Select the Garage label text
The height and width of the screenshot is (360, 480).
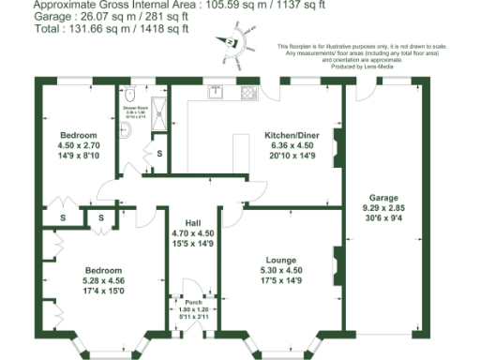pos(383,198)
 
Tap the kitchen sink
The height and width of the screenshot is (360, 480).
pos(217,92)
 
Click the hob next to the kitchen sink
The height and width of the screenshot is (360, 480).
pos(249,92)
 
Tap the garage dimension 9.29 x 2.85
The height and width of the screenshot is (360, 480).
pos(383,209)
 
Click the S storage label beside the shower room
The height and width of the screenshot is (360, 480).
pos(158,153)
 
